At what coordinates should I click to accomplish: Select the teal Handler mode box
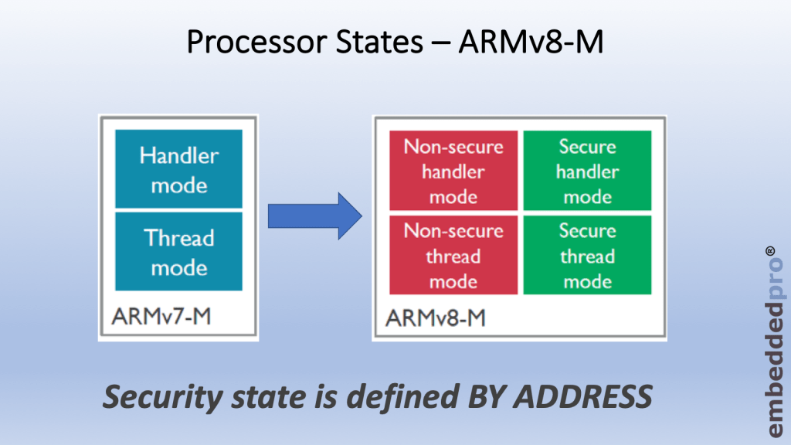(x=178, y=169)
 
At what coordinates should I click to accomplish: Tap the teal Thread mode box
(x=178, y=252)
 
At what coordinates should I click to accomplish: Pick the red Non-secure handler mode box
(x=453, y=171)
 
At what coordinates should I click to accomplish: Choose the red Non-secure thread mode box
(x=453, y=256)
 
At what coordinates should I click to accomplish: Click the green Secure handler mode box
(x=588, y=171)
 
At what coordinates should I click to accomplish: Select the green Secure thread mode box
(x=588, y=256)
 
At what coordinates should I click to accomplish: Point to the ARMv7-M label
(x=159, y=317)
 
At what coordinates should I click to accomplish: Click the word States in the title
(x=363, y=42)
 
